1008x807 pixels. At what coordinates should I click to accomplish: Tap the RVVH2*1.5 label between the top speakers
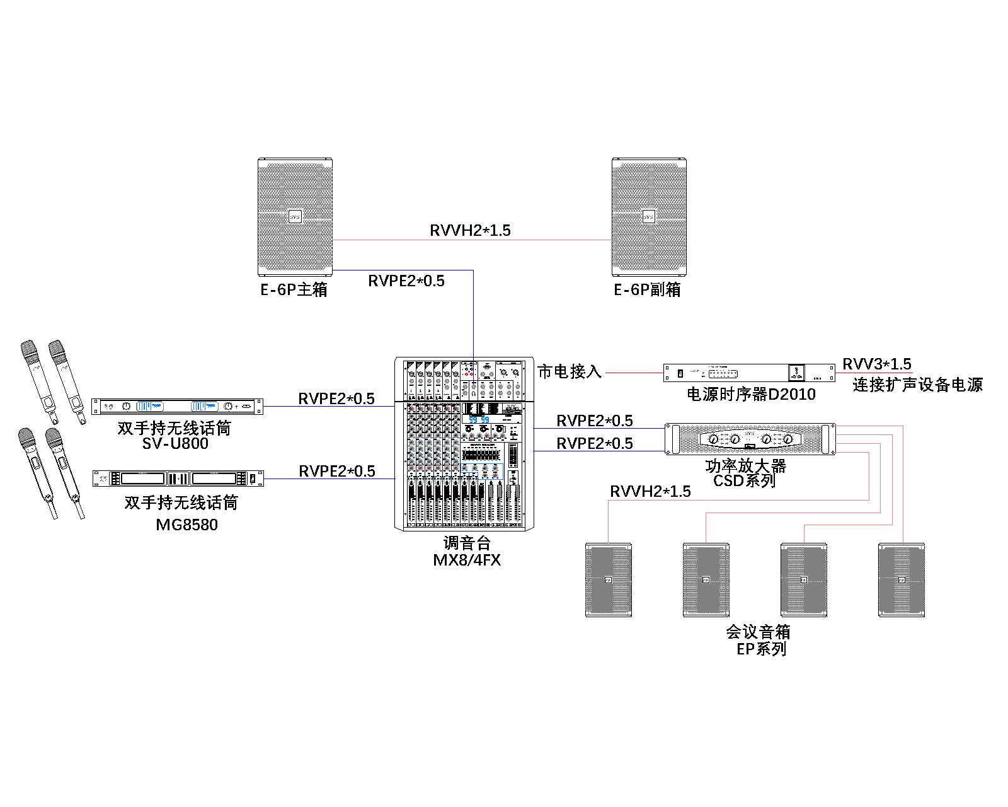(470, 231)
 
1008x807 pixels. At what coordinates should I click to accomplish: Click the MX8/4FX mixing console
(459, 444)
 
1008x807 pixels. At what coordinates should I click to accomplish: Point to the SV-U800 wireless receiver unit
(177, 407)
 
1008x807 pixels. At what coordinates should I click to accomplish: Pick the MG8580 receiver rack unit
(178, 479)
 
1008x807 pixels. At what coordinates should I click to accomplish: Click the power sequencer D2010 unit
(749, 373)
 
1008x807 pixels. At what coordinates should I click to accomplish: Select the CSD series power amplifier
(750, 439)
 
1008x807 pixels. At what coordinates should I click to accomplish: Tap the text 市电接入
(570, 372)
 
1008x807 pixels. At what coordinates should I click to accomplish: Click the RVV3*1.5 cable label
(876, 364)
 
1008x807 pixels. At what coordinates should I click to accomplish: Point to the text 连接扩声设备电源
(917, 385)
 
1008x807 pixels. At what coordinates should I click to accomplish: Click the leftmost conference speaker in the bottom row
(608, 579)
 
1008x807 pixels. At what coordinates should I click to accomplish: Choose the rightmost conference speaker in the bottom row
(902, 579)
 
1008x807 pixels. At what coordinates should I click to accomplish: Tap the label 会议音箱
(758, 632)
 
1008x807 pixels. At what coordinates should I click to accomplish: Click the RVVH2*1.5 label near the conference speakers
(650, 491)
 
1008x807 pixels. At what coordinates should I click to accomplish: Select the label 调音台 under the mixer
(466, 543)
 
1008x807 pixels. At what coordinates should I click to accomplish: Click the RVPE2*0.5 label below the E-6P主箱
(406, 281)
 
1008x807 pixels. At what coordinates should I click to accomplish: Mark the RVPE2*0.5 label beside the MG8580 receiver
(336, 471)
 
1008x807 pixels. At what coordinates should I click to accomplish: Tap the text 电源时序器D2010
(750, 395)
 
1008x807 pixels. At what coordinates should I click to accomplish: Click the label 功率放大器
(746, 467)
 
